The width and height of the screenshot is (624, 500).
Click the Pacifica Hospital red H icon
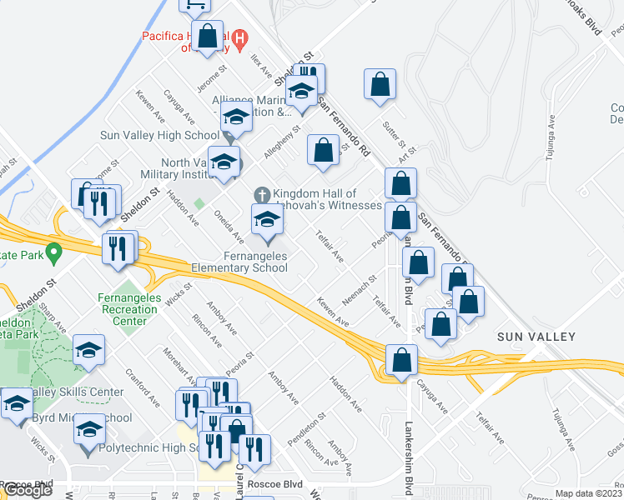(x=239, y=37)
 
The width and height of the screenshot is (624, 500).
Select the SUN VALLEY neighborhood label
(x=536, y=337)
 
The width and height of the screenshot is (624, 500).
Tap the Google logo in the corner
(x=28, y=491)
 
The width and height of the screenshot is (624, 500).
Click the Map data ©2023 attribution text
(x=588, y=493)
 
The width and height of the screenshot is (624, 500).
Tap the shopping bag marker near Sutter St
(x=380, y=84)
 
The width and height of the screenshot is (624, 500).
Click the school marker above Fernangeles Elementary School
(x=267, y=219)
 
